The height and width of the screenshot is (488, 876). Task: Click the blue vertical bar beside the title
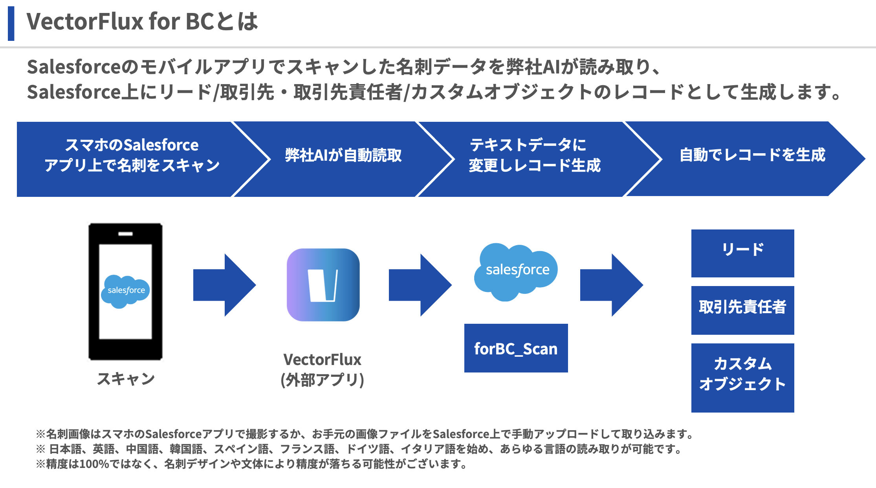point(11,23)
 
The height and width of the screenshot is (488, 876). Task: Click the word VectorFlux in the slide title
point(84,22)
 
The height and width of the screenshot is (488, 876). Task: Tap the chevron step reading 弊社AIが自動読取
point(343,156)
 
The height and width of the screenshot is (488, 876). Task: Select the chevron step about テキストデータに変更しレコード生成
point(534,156)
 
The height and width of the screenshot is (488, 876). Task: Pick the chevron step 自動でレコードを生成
point(752,156)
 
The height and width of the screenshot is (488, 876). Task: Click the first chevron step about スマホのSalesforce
point(132,156)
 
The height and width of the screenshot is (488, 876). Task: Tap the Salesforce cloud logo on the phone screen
point(126,291)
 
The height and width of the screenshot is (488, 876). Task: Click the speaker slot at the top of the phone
point(125,234)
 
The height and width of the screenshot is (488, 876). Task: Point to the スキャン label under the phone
point(126,379)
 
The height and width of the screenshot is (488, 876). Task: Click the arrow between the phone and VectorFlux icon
point(224,285)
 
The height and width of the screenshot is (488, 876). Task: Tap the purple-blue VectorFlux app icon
point(323,285)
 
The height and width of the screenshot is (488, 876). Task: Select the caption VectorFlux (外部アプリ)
point(322,369)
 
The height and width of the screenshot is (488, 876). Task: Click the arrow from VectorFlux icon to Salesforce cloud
point(420,285)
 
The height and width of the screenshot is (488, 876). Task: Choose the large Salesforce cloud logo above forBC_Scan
point(516,271)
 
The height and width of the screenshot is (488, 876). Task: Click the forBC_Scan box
point(516,348)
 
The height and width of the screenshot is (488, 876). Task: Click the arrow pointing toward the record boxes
point(611,285)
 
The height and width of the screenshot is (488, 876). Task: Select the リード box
point(742,253)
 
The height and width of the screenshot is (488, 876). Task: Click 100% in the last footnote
point(94,464)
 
